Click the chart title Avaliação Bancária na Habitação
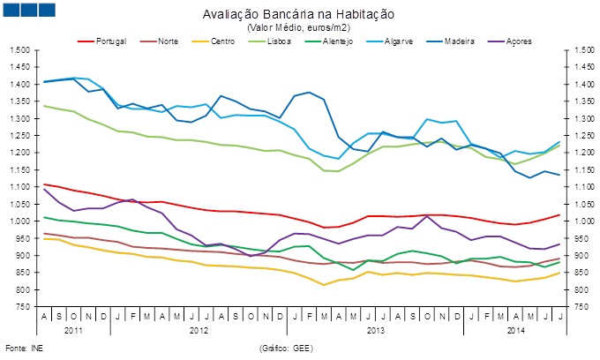click(300, 15)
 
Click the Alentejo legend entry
click(351, 41)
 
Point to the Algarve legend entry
click(413, 41)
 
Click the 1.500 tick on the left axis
click(19, 50)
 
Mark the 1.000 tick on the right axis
click(578, 221)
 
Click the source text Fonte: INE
click(23, 349)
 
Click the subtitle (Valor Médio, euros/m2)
click(300, 27)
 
